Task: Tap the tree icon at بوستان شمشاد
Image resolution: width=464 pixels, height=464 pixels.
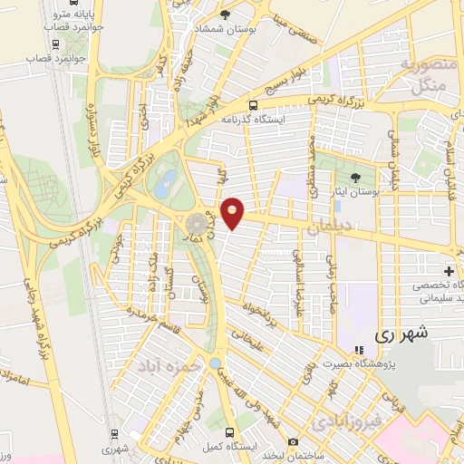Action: pyautogui.click(x=226, y=14)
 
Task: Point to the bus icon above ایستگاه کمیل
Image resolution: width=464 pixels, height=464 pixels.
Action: pyautogui.click(x=229, y=432)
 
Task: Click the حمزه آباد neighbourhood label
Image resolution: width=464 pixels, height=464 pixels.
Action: pyautogui.click(x=166, y=365)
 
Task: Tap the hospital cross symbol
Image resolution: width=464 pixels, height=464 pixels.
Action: pyautogui.click(x=449, y=271)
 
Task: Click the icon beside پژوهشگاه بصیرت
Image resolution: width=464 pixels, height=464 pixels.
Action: pyautogui.click(x=358, y=349)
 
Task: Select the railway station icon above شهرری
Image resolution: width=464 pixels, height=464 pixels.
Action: pyautogui.click(x=112, y=433)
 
